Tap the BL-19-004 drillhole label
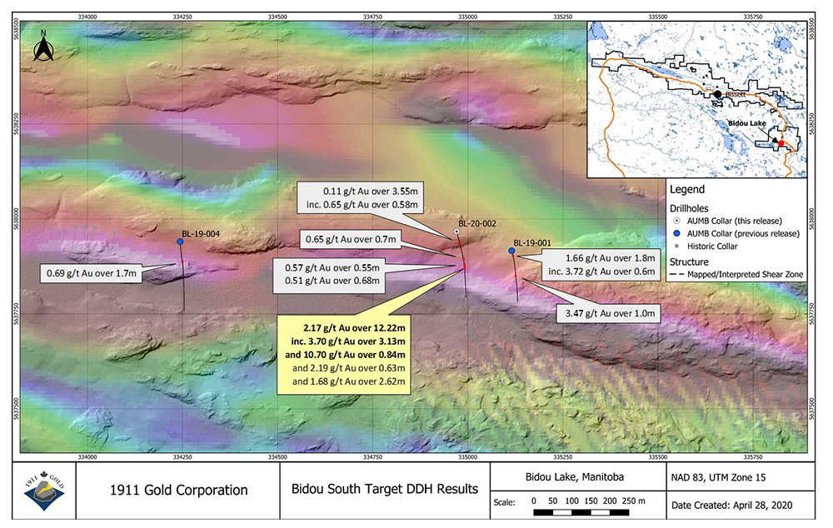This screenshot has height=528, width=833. pyautogui.click(x=201, y=234)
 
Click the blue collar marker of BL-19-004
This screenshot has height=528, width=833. pyautogui.click(x=180, y=242)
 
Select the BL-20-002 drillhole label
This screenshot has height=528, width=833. pyautogui.click(x=477, y=223)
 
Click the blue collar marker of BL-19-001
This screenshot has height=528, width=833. pyautogui.click(x=511, y=251)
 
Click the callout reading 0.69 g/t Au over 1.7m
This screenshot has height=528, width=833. pyautogui.click(x=92, y=272)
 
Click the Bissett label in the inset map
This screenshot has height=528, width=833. pyautogui.click(x=736, y=95)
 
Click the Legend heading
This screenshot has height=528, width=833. pyautogui.click(x=687, y=190)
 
